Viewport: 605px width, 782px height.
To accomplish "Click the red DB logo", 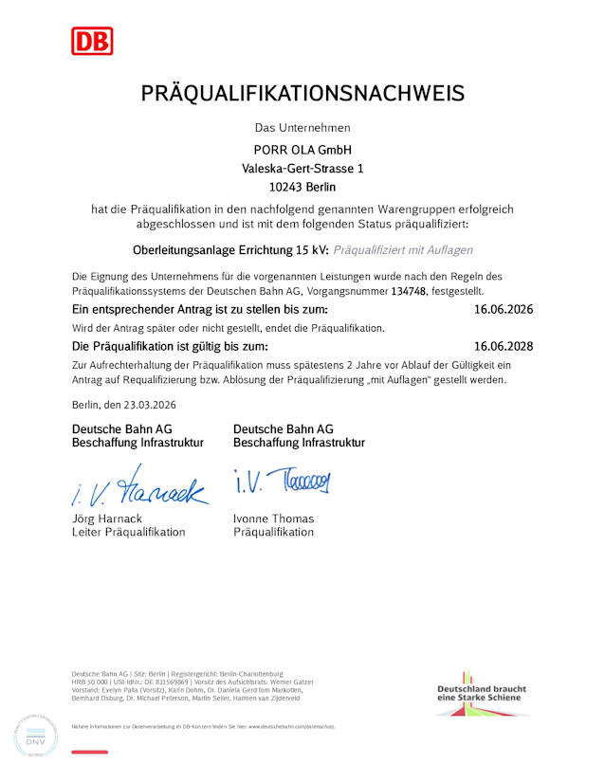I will pos(92,40).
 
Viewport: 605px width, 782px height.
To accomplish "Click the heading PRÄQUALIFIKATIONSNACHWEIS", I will pos(302,93).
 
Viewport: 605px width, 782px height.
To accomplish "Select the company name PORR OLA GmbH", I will pos(302,150).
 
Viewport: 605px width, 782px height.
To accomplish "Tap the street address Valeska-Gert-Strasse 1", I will pos(302,168).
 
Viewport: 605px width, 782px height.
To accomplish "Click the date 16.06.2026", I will pos(504,310).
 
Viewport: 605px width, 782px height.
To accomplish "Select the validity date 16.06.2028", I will pos(504,346).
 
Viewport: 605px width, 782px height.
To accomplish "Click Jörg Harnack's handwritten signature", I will pos(138,486).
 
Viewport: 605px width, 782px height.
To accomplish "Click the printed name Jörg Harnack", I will pos(107,518).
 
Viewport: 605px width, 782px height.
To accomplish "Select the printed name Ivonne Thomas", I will pos(273,518).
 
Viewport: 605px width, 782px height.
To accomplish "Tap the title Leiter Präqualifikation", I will pos(129,532).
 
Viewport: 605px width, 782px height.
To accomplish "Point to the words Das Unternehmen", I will pos(302,127).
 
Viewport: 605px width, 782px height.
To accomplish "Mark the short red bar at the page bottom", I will pos(90,752).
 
